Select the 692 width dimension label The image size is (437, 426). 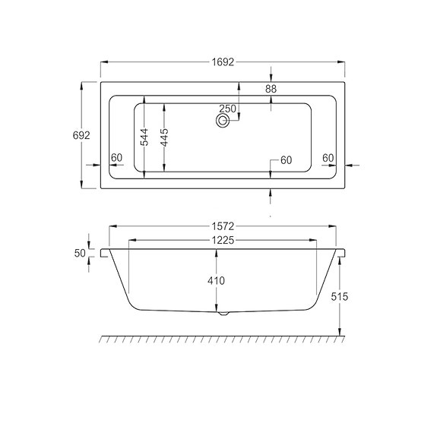click(x=81, y=135)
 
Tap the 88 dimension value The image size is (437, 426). click(x=271, y=90)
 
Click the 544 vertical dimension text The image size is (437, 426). click(x=144, y=138)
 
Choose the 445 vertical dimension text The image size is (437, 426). click(x=164, y=138)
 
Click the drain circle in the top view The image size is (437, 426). click(x=224, y=121)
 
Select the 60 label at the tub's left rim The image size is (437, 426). click(x=116, y=158)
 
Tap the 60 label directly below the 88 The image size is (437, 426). click(x=286, y=160)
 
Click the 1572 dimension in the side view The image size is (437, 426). click(x=223, y=226)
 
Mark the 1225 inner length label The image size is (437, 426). click(x=222, y=240)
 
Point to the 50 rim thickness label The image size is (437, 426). click(x=79, y=253)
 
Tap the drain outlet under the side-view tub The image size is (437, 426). click(x=222, y=313)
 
